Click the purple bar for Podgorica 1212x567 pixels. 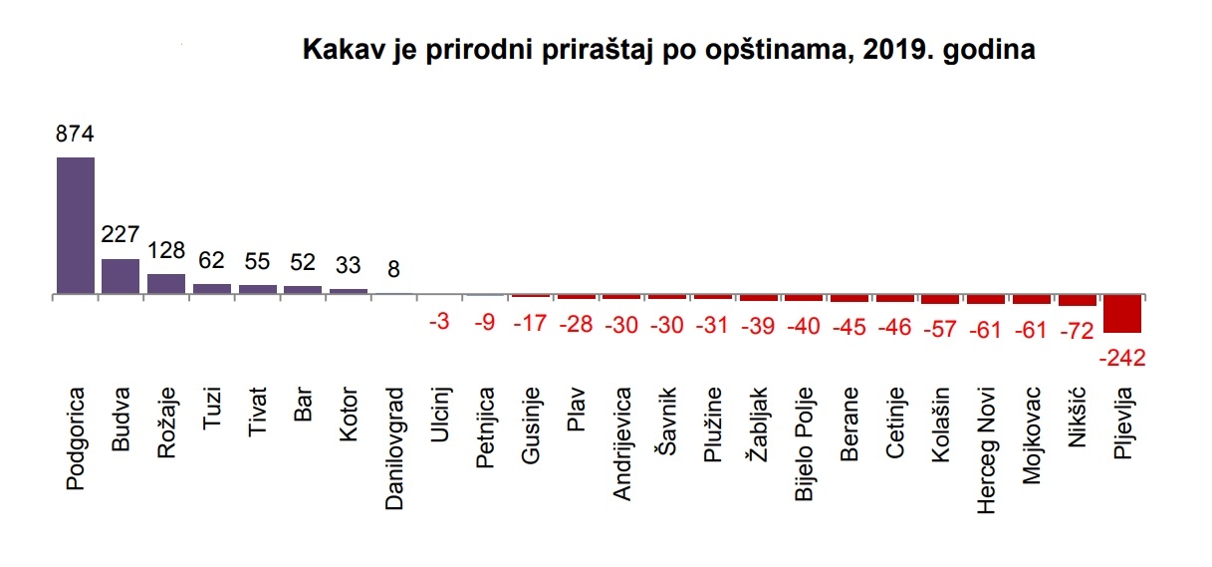pyautogui.click(x=76, y=225)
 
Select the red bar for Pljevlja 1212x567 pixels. pyautogui.click(x=1122, y=314)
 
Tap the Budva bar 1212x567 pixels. pyautogui.click(x=121, y=276)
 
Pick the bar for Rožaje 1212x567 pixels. pyautogui.click(x=166, y=284)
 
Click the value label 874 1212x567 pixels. pyautogui.click(x=75, y=135)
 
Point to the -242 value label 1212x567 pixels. pyautogui.click(x=1123, y=355)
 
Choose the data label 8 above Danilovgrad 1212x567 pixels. pyautogui.click(x=394, y=268)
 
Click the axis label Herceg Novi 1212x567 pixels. pyautogui.click(x=986, y=450)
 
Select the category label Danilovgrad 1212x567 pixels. pyautogui.click(x=394, y=448)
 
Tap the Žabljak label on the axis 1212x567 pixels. pyautogui.click(x=758, y=427)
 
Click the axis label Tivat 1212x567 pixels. pyautogui.click(x=257, y=412)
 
